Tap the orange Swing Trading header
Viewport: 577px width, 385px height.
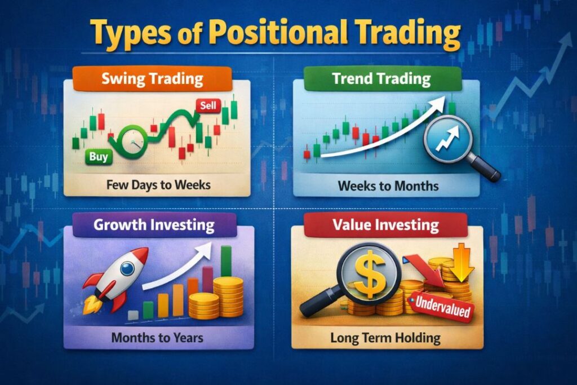point(152,78)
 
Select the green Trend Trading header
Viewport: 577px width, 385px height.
point(381,78)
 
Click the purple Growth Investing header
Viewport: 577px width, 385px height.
point(154,225)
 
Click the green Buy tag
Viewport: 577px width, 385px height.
point(98,157)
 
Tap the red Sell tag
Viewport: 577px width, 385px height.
point(206,105)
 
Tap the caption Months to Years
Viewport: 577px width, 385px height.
point(157,338)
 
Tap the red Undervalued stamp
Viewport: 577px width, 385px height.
point(442,308)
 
